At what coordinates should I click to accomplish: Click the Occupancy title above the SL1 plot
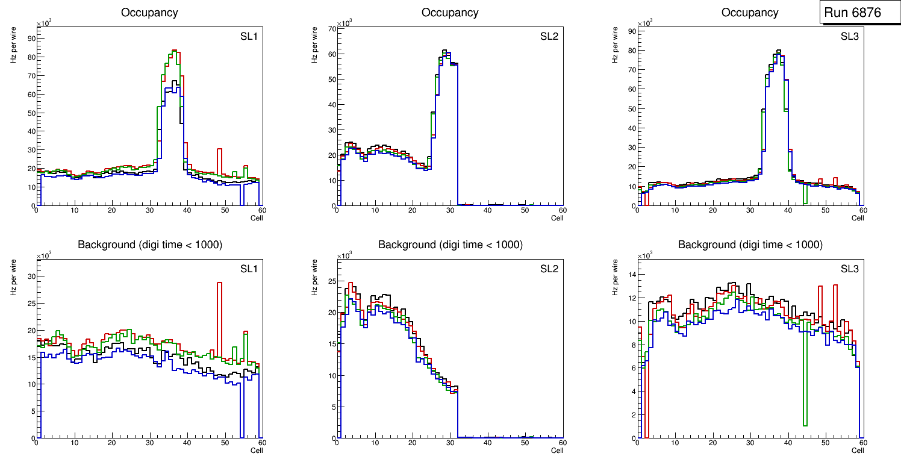click(x=149, y=13)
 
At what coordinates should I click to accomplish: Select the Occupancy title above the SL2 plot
click(x=450, y=13)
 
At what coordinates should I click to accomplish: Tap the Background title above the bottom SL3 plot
click(x=750, y=245)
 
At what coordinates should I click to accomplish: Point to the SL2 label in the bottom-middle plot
click(x=549, y=269)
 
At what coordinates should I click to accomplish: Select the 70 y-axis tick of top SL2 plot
click(x=331, y=29)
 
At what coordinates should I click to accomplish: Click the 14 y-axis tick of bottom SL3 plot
click(x=631, y=275)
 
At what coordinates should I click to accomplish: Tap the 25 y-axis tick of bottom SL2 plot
click(x=331, y=281)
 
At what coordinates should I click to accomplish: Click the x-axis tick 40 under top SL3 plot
click(x=788, y=210)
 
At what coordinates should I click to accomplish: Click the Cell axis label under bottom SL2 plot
click(x=557, y=451)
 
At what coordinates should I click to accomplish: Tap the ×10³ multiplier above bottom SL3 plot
click(x=646, y=255)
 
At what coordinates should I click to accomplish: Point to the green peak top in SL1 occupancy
click(x=173, y=51)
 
